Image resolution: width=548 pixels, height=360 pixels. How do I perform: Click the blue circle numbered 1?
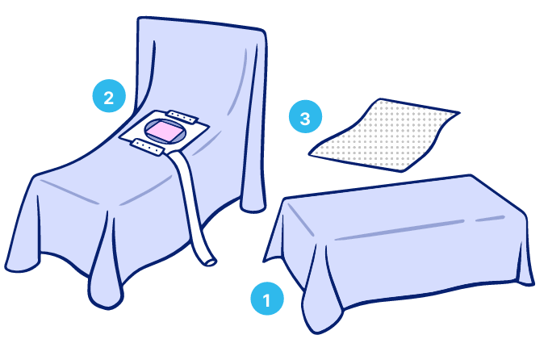click(267, 299)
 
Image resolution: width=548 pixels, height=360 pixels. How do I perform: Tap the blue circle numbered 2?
click(109, 96)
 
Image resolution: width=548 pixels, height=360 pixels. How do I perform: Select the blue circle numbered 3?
click(305, 117)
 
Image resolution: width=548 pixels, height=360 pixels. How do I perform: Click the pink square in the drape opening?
click(164, 132)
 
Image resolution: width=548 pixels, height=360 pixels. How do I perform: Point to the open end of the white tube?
click(211, 262)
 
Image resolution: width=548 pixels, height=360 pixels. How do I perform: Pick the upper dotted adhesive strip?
click(182, 116)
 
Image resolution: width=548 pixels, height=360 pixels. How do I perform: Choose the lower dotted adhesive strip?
click(148, 148)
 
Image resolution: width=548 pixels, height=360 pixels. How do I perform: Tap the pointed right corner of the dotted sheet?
click(458, 112)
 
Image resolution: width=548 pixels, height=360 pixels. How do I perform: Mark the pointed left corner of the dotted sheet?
click(309, 153)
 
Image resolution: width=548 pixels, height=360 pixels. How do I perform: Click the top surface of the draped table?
click(402, 210)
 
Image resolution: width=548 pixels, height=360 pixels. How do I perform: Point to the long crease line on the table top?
click(399, 230)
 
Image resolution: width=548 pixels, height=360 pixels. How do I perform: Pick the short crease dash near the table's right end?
click(490, 219)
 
